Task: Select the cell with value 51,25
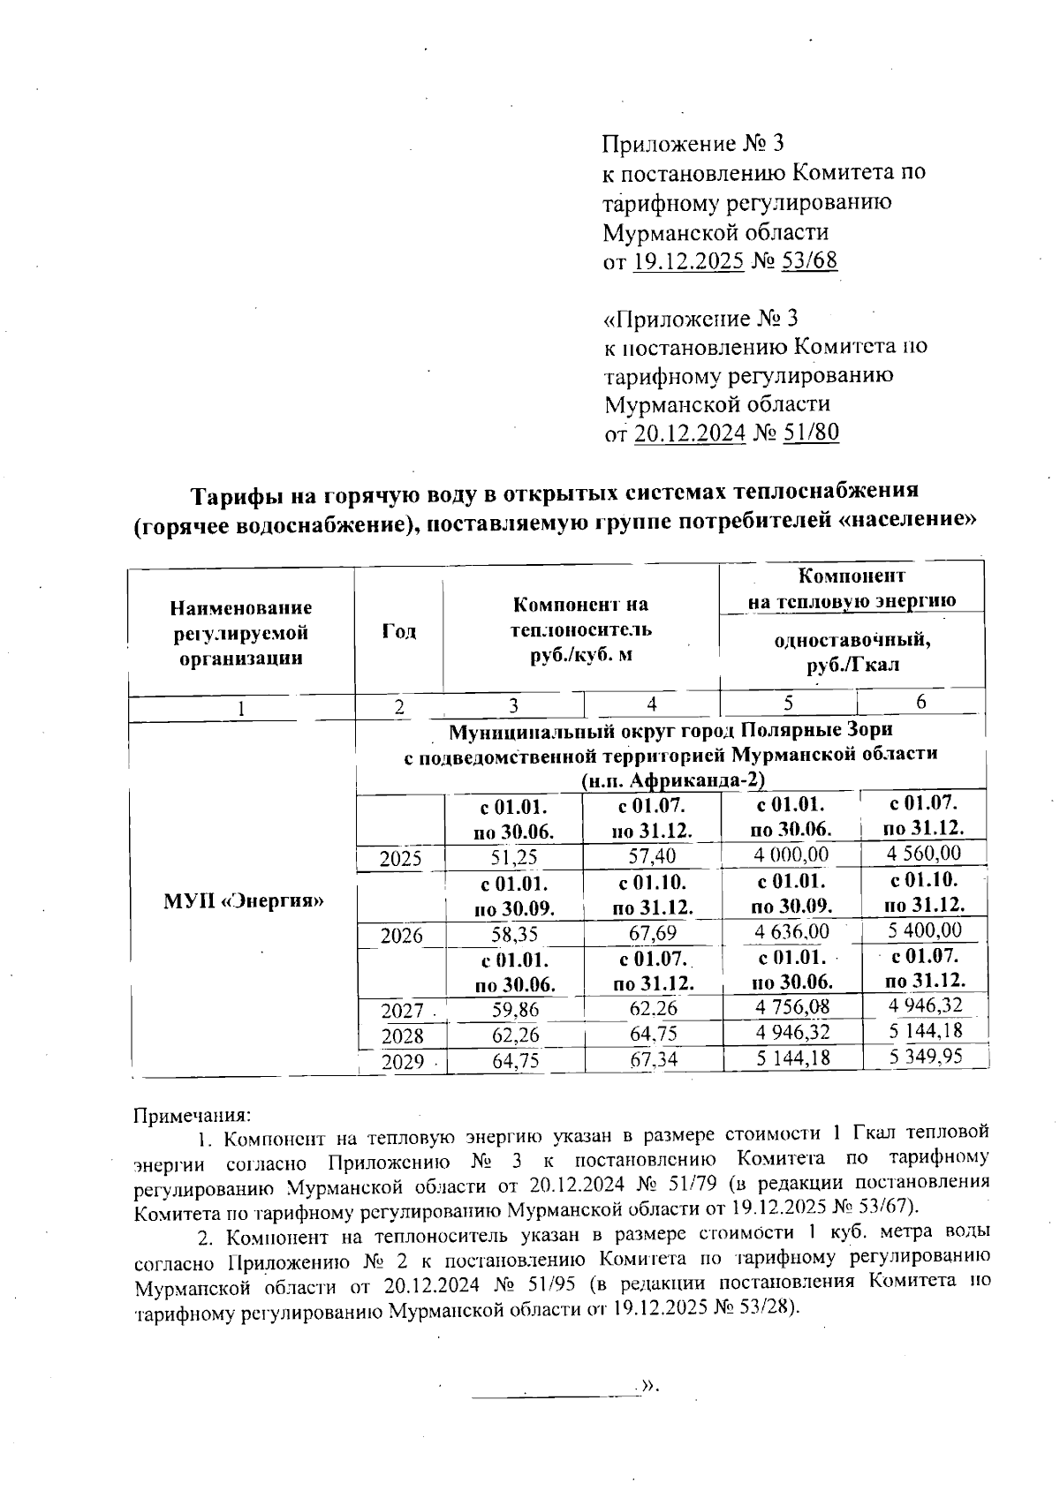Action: point(514,856)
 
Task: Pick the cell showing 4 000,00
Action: point(791,855)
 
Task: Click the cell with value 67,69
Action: point(653,933)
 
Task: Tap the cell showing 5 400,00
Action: point(925,930)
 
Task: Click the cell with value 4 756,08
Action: point(792,1007)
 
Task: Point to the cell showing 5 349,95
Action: point(925,1056)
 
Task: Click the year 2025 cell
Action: point(400,858)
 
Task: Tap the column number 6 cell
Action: point(920,702)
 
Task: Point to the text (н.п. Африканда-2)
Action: point(672,780)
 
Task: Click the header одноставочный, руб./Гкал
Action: point(852,651)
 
